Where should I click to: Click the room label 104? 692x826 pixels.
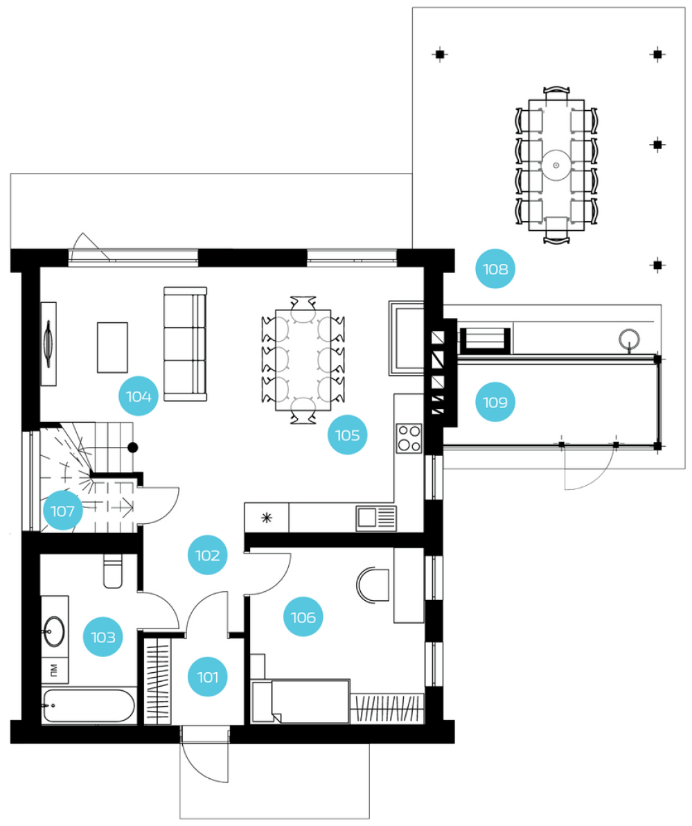click(139, 396)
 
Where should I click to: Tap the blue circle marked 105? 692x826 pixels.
click(347, 435)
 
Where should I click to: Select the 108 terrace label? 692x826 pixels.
click(495, 269)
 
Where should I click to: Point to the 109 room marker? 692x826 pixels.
click(495, 402)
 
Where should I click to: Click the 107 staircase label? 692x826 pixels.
click(62, 511)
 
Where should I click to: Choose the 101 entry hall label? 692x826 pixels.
click(208, 676)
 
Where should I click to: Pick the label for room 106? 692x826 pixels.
click(303, 617)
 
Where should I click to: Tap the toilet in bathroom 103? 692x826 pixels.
click(113, 571)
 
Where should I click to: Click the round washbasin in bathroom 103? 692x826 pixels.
click(54, 631)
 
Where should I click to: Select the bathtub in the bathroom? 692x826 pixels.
click(89, 705)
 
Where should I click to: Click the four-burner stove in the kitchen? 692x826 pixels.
click(409, 438)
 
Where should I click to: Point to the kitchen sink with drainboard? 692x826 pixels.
click(376, 518)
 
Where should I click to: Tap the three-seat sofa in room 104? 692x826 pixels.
click(185, 344)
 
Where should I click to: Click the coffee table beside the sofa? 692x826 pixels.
click(112, 348)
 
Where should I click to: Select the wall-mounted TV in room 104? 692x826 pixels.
click(48, 344)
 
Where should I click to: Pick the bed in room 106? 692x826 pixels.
click(301, 701)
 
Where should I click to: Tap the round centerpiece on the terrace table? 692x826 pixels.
click(556, 166)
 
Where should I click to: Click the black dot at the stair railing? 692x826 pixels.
click(133, 448)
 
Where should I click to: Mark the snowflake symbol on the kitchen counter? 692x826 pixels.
click(267, 518)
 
